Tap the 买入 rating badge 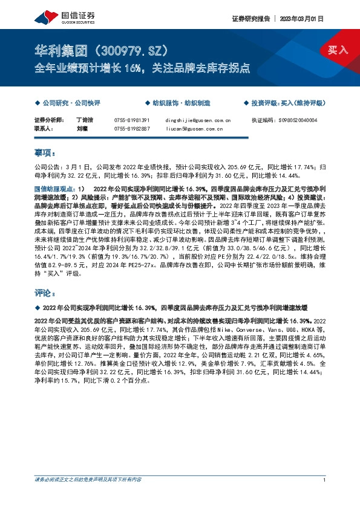(338, 50)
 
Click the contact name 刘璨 (82, 128)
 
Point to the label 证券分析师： (48, 120)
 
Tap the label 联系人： (45, 128)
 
